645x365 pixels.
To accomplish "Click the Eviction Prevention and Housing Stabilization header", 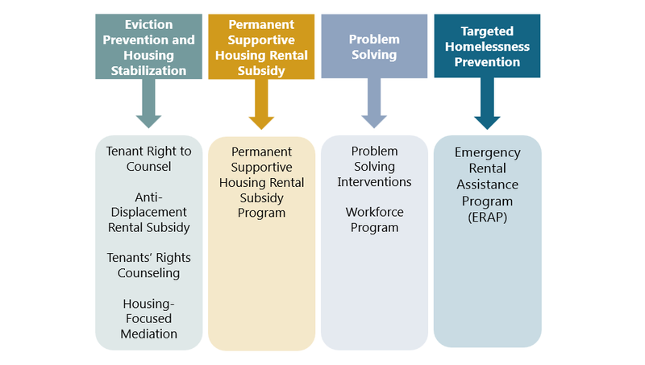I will point(148,46).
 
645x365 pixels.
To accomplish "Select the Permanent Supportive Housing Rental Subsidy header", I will point(261,46).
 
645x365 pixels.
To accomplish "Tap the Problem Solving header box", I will point(374,46).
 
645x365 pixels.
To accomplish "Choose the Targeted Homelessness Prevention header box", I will point(487,46).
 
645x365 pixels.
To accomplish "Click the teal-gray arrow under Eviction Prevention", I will point(148,105).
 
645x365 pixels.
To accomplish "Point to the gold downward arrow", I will point(261,106).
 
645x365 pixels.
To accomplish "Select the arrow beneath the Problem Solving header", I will point(374,105).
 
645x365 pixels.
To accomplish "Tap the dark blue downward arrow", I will point(487,106).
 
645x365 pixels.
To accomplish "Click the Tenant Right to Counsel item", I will point(149,159).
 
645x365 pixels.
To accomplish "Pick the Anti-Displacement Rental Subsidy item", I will point(149,211).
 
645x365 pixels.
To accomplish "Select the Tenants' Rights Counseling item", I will point(149,265).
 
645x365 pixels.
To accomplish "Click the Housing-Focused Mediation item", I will point(149,318).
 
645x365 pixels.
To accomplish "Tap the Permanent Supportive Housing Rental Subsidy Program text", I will point(261,182).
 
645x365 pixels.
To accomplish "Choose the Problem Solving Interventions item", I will point(374,167).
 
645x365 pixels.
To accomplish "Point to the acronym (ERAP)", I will point(487,217).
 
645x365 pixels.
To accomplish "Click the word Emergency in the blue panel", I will point(487,152).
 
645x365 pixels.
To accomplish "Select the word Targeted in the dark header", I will point(487,31).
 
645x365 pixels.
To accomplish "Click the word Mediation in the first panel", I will point(149,334).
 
